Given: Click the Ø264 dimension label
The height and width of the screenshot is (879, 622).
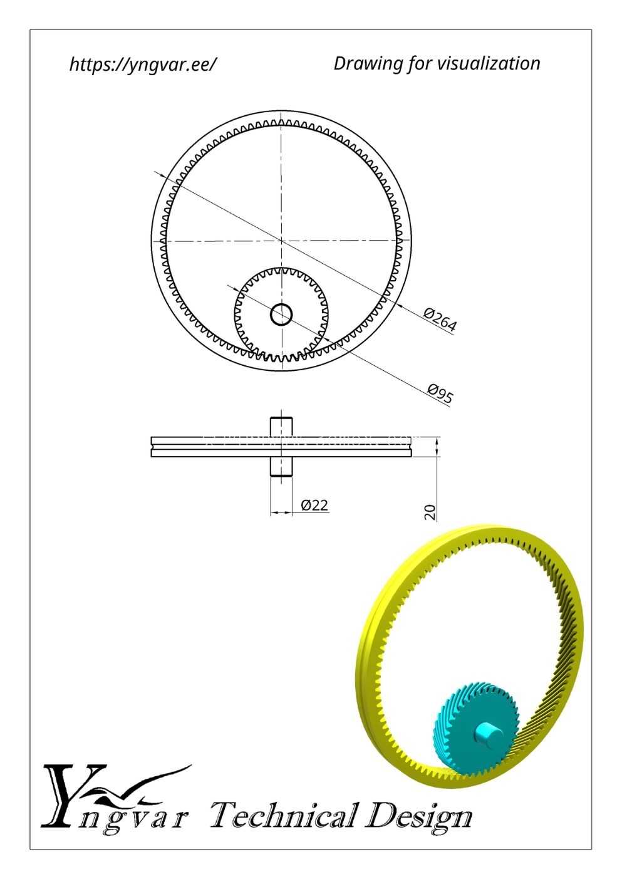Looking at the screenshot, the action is click(440, 320).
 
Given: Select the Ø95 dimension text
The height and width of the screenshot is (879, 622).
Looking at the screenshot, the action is click(440, 393).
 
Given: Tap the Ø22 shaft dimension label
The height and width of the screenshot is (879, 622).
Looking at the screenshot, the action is click(314, 505).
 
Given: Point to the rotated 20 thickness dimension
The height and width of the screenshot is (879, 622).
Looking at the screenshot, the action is click(430, 512).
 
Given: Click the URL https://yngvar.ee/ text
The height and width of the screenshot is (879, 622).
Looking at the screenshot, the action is click(143, 64).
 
